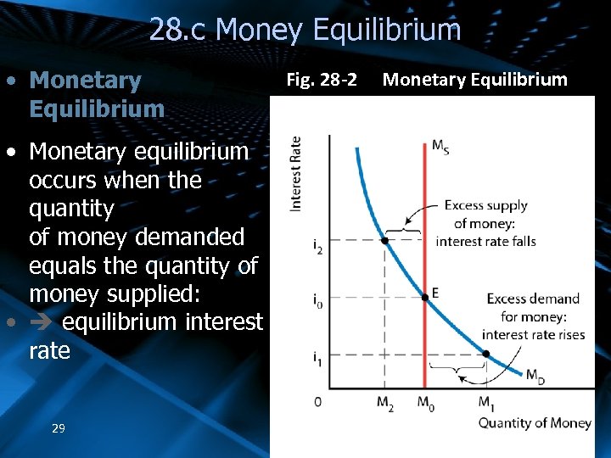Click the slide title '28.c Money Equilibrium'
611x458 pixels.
click(305, 31)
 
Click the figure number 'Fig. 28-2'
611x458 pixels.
click(322, 81)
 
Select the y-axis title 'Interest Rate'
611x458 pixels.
click(296, 174)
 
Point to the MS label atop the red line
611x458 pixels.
click(440, 146)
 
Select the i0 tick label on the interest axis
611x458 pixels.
click(317, 300)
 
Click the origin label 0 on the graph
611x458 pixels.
click(317, 401)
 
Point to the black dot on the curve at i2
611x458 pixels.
click(384, 240)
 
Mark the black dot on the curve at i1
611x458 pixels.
click(485, 354)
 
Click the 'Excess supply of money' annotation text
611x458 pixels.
click(485, 223)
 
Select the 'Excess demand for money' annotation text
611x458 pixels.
click(533, 316)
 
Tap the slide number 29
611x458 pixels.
click(58, 428)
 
